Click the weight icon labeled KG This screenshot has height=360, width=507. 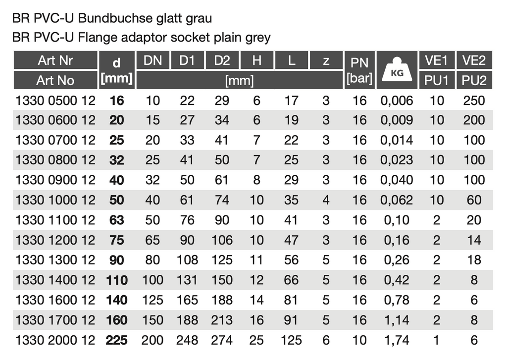397,70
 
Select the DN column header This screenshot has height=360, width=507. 152,60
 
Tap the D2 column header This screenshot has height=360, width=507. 222,60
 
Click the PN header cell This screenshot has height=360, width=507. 359,63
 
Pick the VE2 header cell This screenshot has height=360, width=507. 474,60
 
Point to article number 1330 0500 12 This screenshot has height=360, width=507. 55,101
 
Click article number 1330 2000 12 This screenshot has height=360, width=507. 55,340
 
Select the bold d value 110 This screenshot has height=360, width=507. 117,280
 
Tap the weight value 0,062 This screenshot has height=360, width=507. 397,200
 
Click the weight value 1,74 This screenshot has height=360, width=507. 397,340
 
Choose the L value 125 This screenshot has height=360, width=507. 292,340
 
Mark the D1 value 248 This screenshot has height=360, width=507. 187,340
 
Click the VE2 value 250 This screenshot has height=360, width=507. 474,101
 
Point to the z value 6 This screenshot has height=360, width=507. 326,340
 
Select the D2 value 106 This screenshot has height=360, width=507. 222,240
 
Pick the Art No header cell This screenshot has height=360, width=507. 55,80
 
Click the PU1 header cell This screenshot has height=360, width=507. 437,80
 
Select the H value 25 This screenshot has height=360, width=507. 256,340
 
